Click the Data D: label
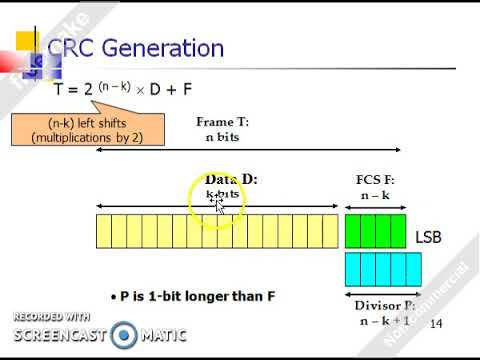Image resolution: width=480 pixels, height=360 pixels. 225,180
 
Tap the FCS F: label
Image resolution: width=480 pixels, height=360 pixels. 375,181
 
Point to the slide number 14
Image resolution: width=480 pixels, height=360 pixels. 435,324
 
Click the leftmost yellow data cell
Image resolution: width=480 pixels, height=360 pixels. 104,231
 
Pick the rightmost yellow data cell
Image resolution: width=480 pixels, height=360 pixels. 330,231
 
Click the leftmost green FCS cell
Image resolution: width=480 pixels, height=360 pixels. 352,231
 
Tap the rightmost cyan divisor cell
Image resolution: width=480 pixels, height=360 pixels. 397,268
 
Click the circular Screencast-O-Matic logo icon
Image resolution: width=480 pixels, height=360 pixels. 124,334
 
